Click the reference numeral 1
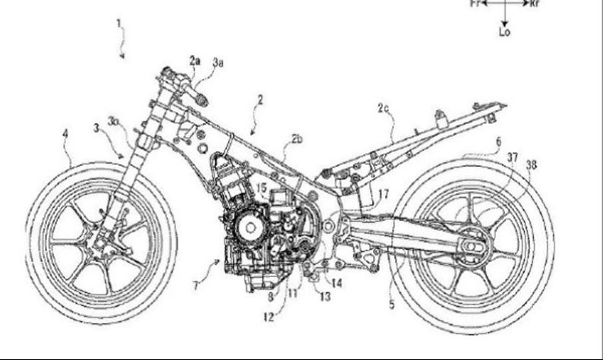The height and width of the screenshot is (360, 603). (x=118, y=22)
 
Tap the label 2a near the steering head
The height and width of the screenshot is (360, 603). (x=195, y=59)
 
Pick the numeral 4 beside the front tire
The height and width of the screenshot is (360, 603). (x=498, y=142)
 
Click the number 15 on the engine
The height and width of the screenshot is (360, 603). (x=260, y=188)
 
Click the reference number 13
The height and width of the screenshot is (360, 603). (x=325, y=297)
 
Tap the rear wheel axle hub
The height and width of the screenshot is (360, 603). (x=472, y=248)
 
